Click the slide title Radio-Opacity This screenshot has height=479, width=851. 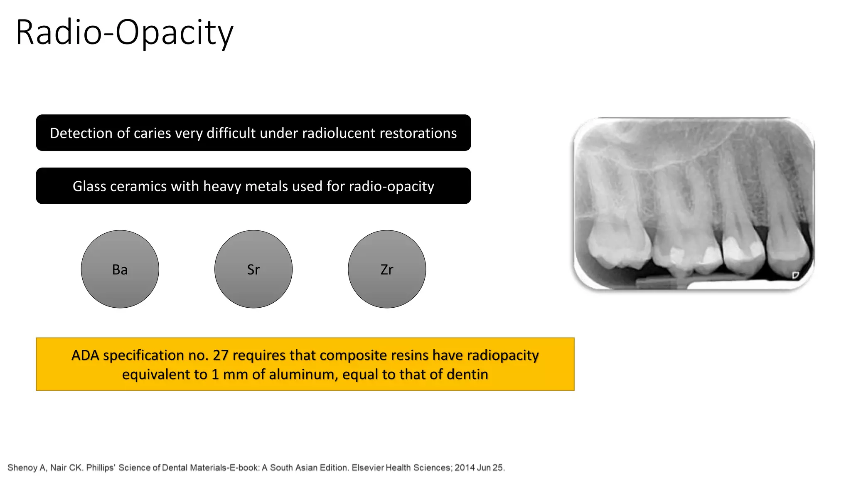coord(125,32)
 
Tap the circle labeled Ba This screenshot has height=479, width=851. coord(120,269)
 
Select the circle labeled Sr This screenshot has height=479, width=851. coord(253,269)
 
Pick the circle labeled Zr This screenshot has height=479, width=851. coord(387,269)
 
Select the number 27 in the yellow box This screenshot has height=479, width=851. coord(221,356)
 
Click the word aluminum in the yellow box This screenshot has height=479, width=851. coord(303,375)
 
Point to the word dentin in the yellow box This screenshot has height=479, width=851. coord(467,375)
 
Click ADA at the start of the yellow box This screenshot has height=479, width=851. coord(85,356)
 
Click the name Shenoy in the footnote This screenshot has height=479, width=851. coord(22,468)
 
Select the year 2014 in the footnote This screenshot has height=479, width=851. coord(465,468)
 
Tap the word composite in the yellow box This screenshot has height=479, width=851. coord(349,356)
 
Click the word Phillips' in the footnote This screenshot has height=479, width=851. coord(101,468)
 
